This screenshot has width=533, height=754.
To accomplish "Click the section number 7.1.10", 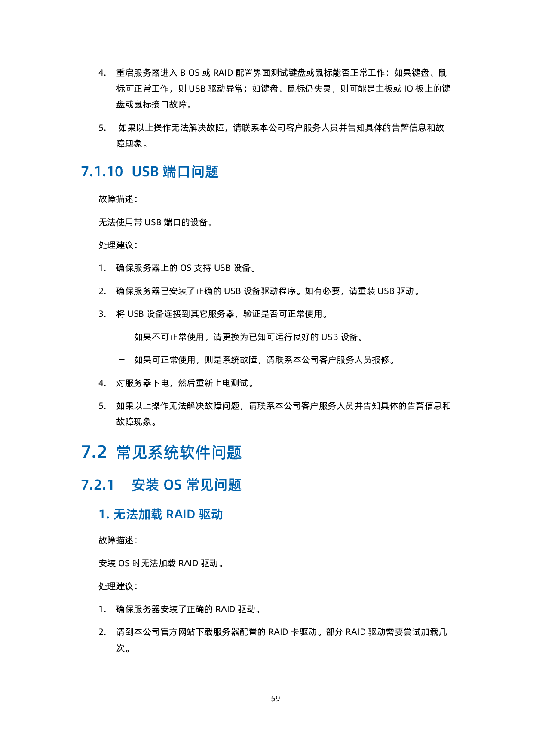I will point(102,172).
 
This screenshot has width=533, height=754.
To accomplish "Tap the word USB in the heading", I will point(145,172).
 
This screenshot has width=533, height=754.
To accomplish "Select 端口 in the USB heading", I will point(176,172).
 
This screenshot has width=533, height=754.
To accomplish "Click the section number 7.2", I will point(94,452).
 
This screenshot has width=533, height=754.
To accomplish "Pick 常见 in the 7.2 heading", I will point(132,452).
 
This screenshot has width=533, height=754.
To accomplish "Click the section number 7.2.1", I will point(98,485).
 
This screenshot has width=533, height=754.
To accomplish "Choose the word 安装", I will point(145,485).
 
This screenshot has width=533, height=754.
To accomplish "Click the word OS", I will point(173,485).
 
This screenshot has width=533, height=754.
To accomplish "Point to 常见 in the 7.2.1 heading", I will point(200,485).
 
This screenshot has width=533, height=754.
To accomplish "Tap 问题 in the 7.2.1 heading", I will point(228,485).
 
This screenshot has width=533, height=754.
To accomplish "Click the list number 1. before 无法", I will point(104,514).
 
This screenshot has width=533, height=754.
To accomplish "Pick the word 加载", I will point(150,514).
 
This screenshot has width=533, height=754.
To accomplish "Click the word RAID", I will point(181,514).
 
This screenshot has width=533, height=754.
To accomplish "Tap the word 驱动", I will point(211,514).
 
